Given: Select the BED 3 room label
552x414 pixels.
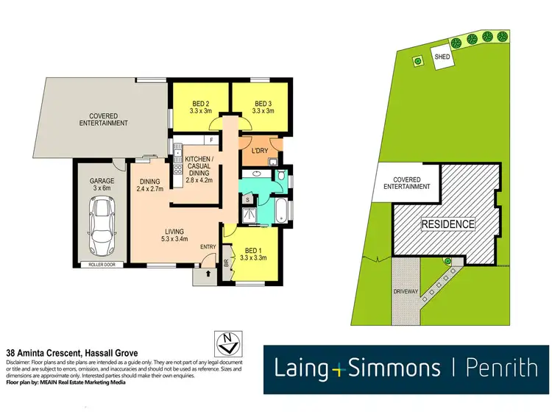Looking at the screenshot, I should click(x=263, y=107).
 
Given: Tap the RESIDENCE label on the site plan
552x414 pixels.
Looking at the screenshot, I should click(x=447, y=223).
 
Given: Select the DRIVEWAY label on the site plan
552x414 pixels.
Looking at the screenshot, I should click(x=406, y=292).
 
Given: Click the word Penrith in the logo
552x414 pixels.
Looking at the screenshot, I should click(x=501, y=367).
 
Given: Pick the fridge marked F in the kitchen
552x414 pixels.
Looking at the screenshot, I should click(x=212, y=139).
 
